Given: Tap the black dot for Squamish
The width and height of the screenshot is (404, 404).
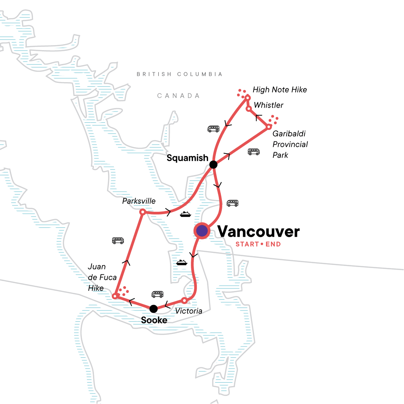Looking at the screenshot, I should click(x=213, y=165).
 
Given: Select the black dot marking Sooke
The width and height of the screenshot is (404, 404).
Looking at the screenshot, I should click(x=153, y=308).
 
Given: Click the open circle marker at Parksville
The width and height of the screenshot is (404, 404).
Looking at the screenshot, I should click(x=142, y=212).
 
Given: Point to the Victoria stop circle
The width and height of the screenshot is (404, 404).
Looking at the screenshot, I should click(x=184, y=300).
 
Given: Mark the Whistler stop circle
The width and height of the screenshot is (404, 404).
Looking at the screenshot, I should click(x=249, y=109).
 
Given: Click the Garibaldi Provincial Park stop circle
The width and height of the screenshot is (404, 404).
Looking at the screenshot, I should click(x=269, y=127).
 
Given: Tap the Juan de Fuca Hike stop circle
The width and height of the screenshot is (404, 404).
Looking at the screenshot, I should click(x=115, y=296).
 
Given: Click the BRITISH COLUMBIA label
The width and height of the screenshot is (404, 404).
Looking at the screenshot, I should click(x=179, y=74).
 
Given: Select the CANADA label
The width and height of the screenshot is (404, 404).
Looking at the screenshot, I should click(x=178, y=96).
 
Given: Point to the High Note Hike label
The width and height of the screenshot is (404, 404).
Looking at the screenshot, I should click(x=280, y=90).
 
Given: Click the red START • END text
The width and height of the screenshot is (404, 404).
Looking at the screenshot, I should click(x=258, y=244).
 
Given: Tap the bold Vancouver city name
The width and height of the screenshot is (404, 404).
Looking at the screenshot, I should click(x=258, y=232).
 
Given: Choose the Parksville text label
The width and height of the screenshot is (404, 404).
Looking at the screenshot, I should click(x=139, y=201).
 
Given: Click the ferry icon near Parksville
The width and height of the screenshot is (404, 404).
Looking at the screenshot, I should click(x=186, y=214).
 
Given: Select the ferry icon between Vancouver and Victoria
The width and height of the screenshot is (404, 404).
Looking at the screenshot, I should click(x=181, y=263).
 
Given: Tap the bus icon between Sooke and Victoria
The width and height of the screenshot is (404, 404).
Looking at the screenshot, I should click(x=157, y=294).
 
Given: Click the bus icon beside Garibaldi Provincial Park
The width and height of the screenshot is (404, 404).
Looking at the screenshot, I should click(x=254, y=152).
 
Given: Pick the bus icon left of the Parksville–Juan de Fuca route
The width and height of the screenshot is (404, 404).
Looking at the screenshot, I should click(x=118, y=240).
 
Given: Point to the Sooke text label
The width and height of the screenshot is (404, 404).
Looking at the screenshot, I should click(x=154, y=320).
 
